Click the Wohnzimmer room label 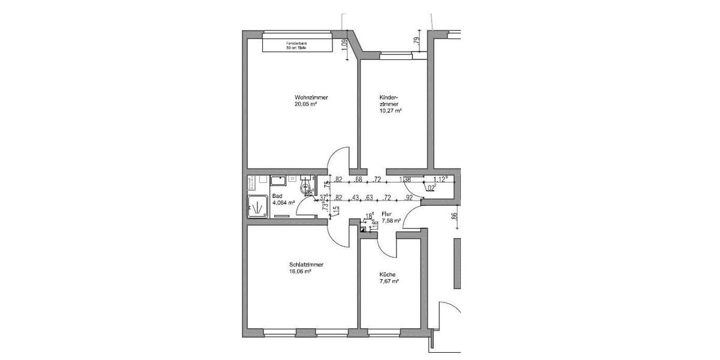(x=311, y=98)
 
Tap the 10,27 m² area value (x=390, y=111)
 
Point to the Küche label (x=387, y=275)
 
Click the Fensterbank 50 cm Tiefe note (x=296, y=46)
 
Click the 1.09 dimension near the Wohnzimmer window (x=344, y=46)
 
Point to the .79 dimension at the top (x=416, y=41)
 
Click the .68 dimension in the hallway (x=359, y=179)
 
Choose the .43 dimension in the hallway (x=356, y=197)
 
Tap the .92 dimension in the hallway (x=409, y=197)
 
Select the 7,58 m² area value (x=389, y=220)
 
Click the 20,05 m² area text (x=305, y=104)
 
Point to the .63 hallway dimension (x=370, y=197)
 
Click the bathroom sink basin (x=278, y=179)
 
